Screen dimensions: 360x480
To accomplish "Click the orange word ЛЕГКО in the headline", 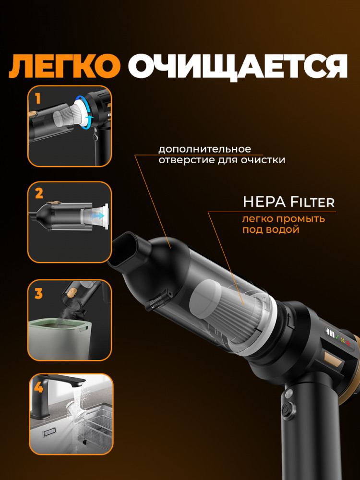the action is point(65,66).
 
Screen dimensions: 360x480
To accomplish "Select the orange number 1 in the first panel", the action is point(37,99).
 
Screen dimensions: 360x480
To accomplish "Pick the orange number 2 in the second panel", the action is point(39,193).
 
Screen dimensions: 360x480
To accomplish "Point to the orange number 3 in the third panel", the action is point(38,294).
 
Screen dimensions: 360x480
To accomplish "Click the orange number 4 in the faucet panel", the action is point(38,387).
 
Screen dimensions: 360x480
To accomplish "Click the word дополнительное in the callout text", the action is point(204,150).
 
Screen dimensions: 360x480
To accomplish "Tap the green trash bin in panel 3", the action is point(58,338).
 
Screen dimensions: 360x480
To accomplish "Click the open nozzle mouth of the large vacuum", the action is point(125,249).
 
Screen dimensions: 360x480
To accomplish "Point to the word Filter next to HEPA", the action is point(312,202).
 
